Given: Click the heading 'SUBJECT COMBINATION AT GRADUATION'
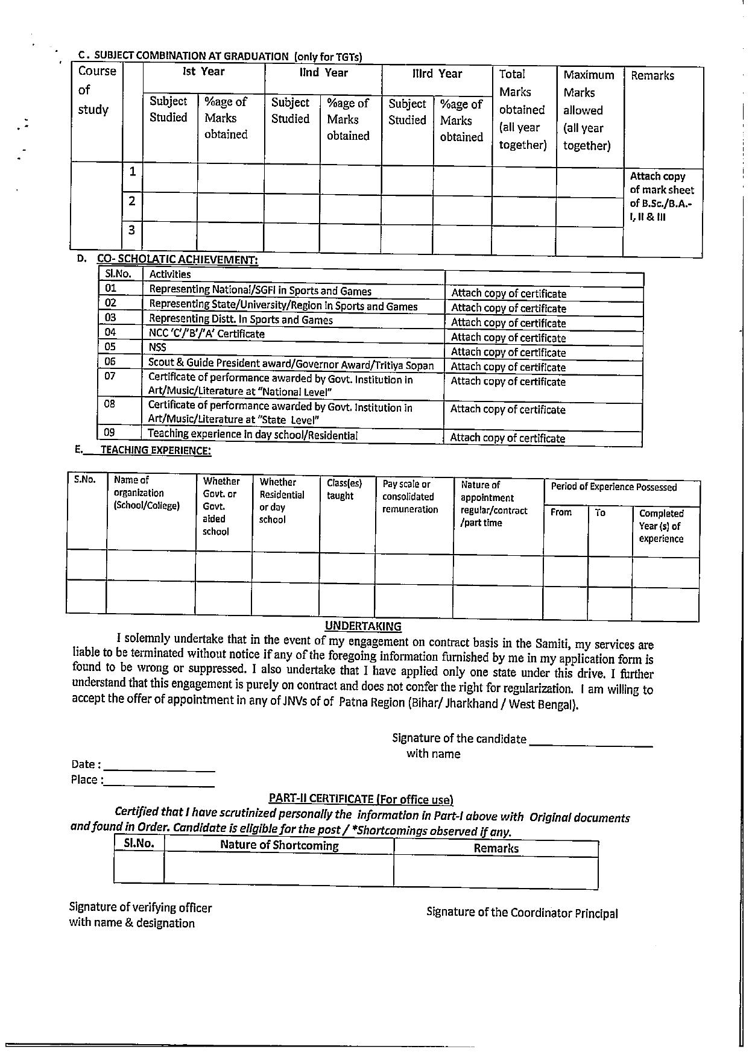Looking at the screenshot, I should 192,56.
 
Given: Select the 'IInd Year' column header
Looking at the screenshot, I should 324,73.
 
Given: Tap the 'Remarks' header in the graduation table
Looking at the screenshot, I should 652,76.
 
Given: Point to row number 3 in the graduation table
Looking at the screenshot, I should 131,230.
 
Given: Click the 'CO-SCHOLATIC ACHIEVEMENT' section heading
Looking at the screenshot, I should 177,259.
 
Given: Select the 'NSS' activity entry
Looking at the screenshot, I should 157,347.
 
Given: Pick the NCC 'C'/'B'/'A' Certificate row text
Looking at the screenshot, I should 206,333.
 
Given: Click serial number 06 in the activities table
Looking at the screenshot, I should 110,362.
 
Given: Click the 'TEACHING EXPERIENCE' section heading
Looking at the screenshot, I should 156,450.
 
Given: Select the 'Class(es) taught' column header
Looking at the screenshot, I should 344,490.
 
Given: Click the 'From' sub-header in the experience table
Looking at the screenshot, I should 561,512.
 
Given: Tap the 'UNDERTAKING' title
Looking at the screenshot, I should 363,626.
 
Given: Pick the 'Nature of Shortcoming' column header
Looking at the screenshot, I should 279,845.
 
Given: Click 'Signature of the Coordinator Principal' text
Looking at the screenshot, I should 522,913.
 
